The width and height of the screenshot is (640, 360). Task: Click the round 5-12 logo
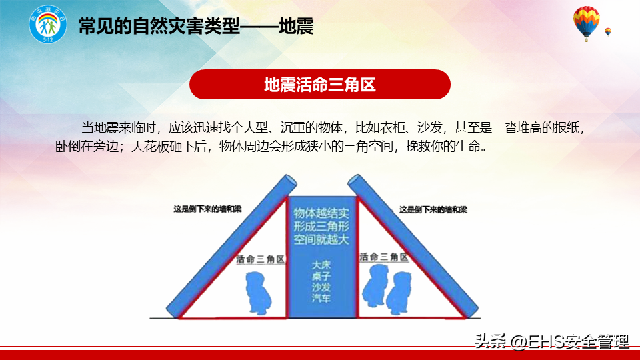point(48,25)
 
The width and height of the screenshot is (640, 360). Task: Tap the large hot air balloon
point(586,23)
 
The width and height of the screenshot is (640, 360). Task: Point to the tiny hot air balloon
point(608,32)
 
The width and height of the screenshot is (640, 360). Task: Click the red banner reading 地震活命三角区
point(319,85)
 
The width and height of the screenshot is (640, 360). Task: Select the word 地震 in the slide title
point(296,27)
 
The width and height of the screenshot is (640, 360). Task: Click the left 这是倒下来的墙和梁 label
point(207,209)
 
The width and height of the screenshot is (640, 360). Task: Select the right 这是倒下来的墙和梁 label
point(433,210)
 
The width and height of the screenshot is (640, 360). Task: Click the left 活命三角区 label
point(260,259)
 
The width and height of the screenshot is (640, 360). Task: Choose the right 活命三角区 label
point(384,257)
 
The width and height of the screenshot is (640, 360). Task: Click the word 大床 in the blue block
point(321,265)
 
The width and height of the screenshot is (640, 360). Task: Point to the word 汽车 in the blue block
point(321,299)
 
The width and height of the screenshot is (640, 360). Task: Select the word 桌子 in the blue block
point(321,276)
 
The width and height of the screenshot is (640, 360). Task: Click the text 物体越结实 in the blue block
point(321,213)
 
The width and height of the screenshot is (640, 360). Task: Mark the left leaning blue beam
point(231,246)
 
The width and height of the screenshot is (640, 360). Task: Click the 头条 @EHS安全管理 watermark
point(551,341)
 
